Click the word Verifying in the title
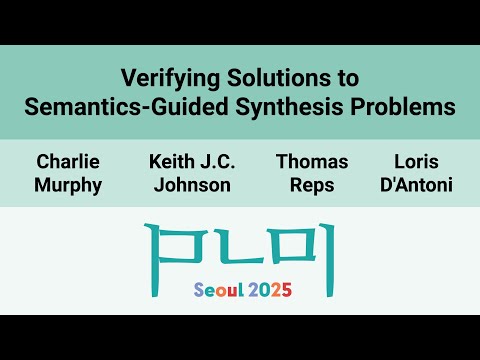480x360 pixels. point(164,77)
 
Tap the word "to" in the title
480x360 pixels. point(345,77)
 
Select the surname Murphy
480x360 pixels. point(68,185)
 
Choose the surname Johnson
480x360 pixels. point(190,185)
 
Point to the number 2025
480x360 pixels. point(270,290)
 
